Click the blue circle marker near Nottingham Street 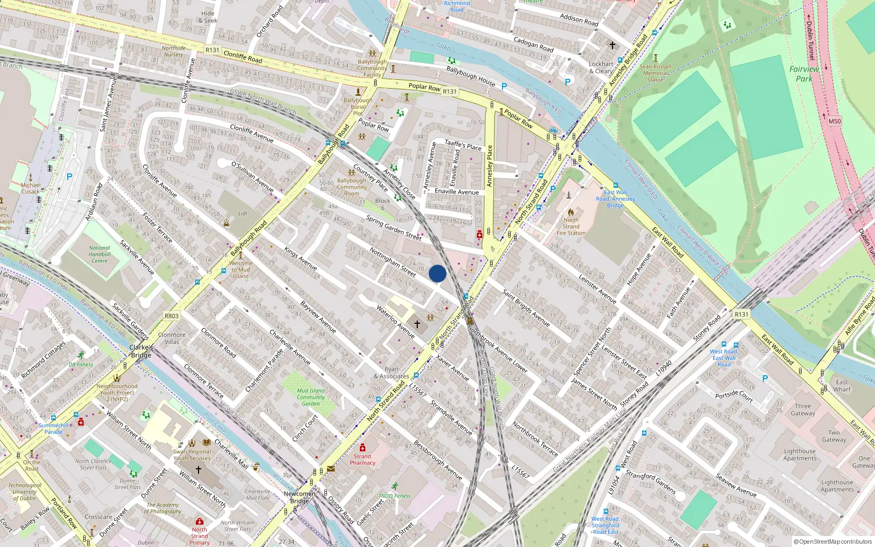point(437,273)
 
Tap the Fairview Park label point(804,74)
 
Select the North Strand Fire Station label point(571,226)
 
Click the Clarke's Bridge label point(141,351)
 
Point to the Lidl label point(243,214)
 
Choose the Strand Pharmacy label point(363,459)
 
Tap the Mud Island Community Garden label point(311,397)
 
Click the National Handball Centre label point(100,254)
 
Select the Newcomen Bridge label point(299,497)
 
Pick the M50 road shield point(835,121)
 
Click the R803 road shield point(172,316)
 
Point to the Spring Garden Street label point(394,228)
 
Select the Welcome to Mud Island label point(241,270)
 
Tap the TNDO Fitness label point(394,496)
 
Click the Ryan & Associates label point(392,373)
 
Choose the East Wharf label point(842,386)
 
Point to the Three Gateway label point(803,410)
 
